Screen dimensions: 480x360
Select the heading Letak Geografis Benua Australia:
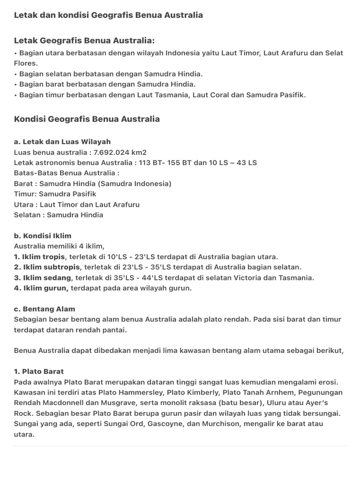(84, 41)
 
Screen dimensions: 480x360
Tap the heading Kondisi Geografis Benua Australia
(87, 119)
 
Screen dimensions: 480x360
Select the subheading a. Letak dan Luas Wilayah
(62, 142)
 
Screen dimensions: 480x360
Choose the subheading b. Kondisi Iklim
(43, 236)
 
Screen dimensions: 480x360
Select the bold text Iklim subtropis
(51, 267)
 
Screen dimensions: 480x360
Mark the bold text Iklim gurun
(45, 288)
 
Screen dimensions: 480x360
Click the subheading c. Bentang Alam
(45, 309)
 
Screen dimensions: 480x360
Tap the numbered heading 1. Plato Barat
(39, 372)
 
